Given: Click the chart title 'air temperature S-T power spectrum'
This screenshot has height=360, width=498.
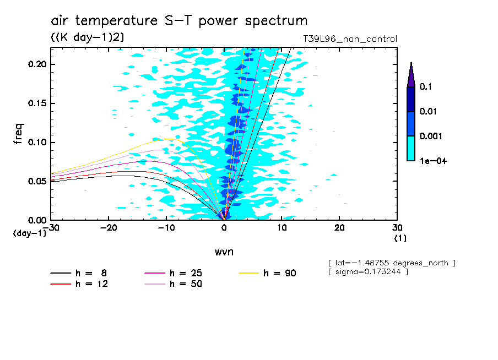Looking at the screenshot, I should [179, 21].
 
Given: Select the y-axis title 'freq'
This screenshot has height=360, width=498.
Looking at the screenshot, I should [19, 134].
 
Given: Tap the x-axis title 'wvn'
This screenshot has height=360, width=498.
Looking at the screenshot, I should [224, 252].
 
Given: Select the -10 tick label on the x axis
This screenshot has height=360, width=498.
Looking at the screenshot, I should [166, 228].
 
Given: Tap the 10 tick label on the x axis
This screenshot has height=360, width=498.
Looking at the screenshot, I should [282, 228].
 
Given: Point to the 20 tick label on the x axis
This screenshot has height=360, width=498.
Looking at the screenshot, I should [339, 228].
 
